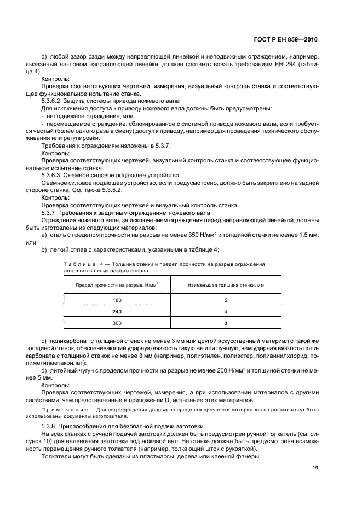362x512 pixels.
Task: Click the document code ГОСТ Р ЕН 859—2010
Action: [286, 40]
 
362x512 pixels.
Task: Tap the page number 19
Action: [314, 468]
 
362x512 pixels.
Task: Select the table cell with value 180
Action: [117, 300]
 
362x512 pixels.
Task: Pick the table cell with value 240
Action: [117, 311]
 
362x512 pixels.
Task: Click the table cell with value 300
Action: [117, 323]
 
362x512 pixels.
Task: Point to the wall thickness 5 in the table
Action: [225, 300]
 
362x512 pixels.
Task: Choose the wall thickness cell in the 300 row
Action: [225, 323]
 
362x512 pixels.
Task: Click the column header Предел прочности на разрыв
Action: [117, 286]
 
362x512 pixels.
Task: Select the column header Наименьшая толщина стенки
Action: [225, 286]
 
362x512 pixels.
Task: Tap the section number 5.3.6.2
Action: [53, 102]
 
